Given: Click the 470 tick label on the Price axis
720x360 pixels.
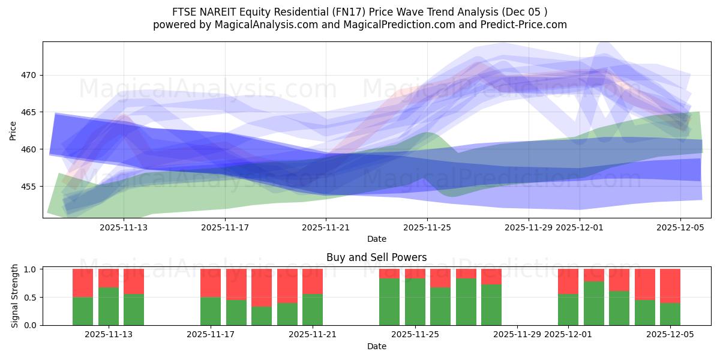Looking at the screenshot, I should (x=29, y=76).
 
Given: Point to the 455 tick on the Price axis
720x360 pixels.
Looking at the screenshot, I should (x=29, y=187).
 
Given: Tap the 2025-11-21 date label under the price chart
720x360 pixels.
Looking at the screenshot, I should (x=326, y=227).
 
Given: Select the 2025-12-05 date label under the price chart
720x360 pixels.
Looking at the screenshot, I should (x=680, y=227).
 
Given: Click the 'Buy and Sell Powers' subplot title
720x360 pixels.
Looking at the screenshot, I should (x=376, y=257).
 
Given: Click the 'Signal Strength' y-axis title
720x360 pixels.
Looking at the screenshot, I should (x=15, y=297).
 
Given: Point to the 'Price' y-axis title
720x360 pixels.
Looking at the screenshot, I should (x=13, y=130).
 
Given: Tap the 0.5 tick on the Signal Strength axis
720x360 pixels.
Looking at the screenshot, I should (x=30, y=298).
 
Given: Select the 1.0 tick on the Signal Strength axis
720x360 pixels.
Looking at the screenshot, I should (x=30, y=269).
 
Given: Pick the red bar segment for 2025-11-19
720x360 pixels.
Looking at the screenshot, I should (x=262, y=287).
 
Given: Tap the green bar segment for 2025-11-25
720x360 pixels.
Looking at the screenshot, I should (x=415, y=302).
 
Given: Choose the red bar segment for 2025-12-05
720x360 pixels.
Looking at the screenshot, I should (x=670, y=286).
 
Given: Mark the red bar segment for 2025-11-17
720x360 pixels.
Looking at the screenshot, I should (x=211, y=283).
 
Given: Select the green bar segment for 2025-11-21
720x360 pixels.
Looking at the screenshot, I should (x=313, y=310).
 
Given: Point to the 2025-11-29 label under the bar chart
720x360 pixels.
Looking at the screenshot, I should (x=517, y=335).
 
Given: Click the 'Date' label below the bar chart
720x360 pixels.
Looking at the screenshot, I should (x=376, y=346).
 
